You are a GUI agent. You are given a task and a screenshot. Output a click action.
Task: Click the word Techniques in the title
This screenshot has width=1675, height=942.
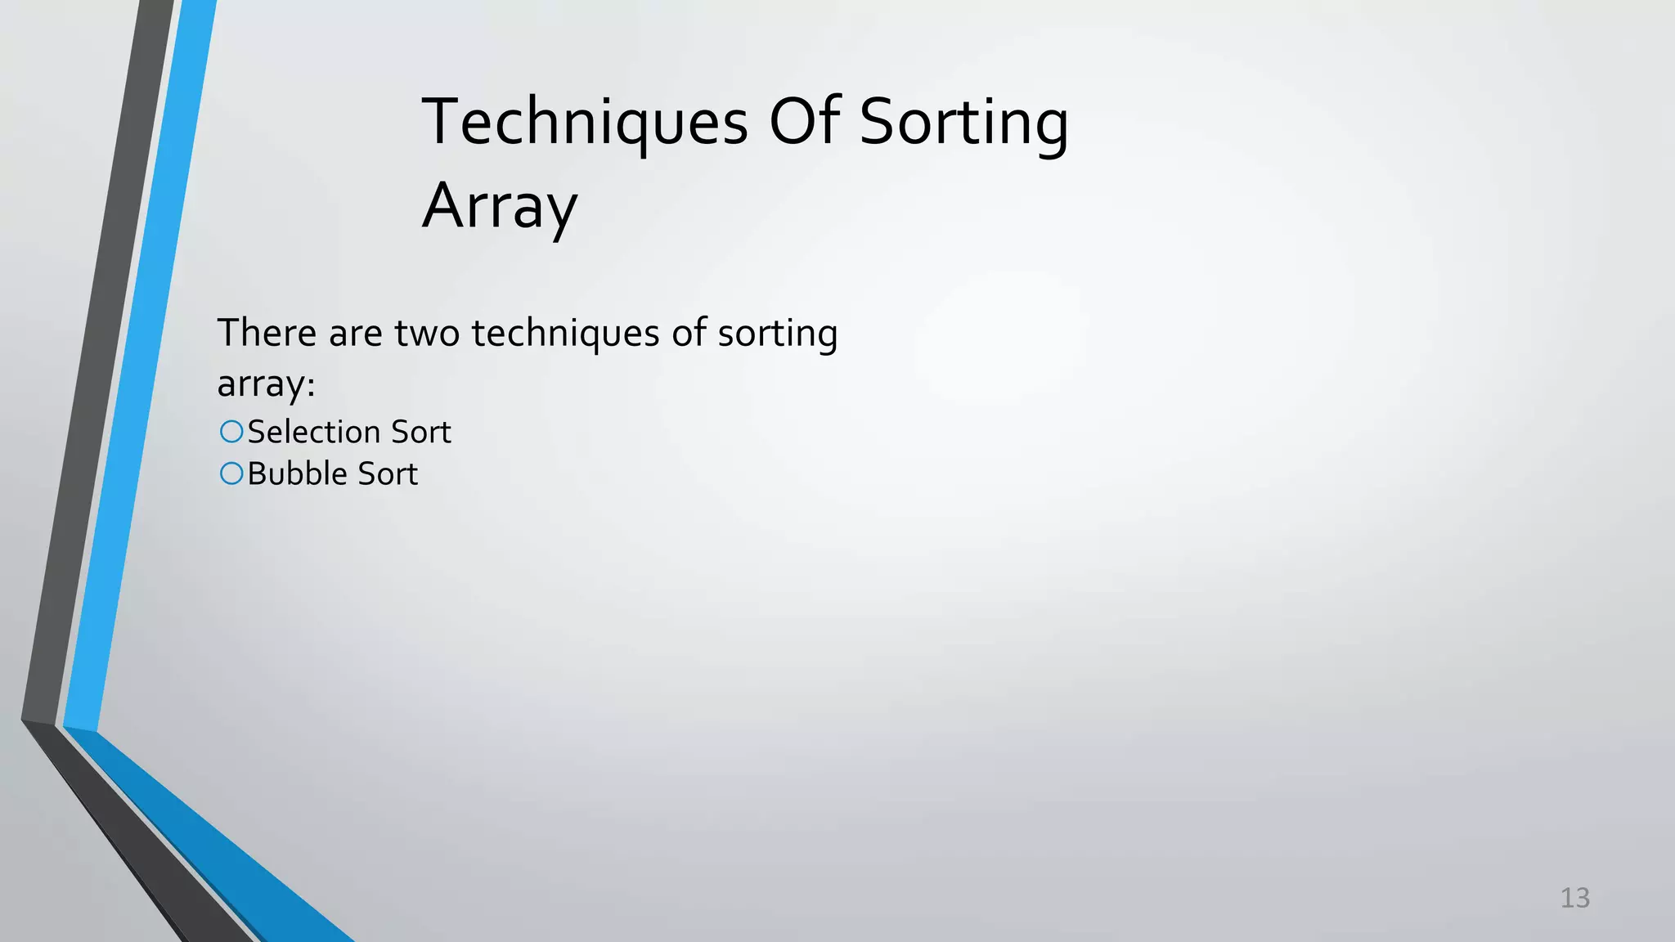point(584,123)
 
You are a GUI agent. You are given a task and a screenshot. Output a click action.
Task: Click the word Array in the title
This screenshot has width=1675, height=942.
point(500,206)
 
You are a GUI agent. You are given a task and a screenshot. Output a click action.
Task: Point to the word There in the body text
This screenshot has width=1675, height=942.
point(267,333)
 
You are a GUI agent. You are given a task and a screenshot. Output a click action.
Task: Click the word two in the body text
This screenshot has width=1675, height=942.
point(427,334)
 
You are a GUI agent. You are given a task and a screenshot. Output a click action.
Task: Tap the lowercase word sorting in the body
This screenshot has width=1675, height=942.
point(777,334)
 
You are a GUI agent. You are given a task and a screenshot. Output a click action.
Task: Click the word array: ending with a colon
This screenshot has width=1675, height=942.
point(266,384)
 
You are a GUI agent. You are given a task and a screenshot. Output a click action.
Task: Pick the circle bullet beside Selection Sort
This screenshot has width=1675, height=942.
point(231,431)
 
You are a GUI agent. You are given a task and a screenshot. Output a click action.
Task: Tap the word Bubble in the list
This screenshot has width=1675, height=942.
point(299,473)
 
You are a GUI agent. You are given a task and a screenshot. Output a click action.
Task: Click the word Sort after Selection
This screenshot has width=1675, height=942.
point(420,432)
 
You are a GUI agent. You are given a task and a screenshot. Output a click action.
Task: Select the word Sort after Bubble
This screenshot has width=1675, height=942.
point(388,473)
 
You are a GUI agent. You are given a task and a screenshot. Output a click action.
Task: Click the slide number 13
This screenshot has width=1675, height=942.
point(1574,898)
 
